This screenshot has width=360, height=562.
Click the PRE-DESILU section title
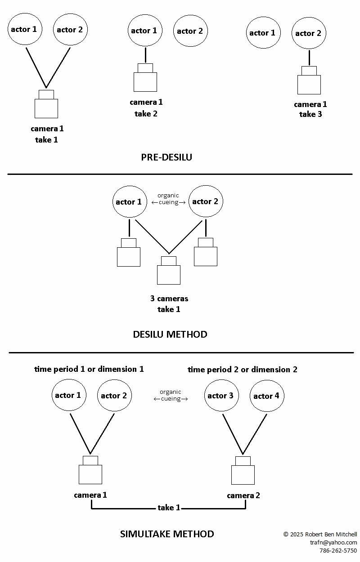tap(166, 157)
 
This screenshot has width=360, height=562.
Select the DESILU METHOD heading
tap(170, 335)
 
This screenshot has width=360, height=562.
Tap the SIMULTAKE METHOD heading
tap(167, 534)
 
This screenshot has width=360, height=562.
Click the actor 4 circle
tap(267, 396)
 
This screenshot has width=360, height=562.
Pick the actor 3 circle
tap(221, 395)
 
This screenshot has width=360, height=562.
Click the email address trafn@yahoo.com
tap(333, 543)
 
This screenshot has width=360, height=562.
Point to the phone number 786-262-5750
tap(338, 551)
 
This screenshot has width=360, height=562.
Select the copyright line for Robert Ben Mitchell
tap(320, 535)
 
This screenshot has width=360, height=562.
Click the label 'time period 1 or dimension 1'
tap(89, 369)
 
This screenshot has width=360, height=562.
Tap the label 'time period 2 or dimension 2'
tap(243, 370)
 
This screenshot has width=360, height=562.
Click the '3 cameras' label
tap(169, 299)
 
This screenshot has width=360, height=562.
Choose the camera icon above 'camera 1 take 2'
tap(145, 78)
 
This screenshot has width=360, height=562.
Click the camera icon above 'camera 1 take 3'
tap(309, 81)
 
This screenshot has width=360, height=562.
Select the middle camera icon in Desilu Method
tap(169, 271)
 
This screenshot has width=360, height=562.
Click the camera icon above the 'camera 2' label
tap(243, 471)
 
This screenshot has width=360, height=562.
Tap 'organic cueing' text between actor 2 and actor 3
tap(171, 395)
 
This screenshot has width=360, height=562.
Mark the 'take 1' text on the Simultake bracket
tap(169, 508)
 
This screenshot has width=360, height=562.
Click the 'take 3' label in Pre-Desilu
tap(310, 114)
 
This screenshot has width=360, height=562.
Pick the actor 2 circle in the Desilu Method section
tap(206, 201)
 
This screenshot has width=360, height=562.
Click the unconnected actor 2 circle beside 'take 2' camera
tap(190, 31)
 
